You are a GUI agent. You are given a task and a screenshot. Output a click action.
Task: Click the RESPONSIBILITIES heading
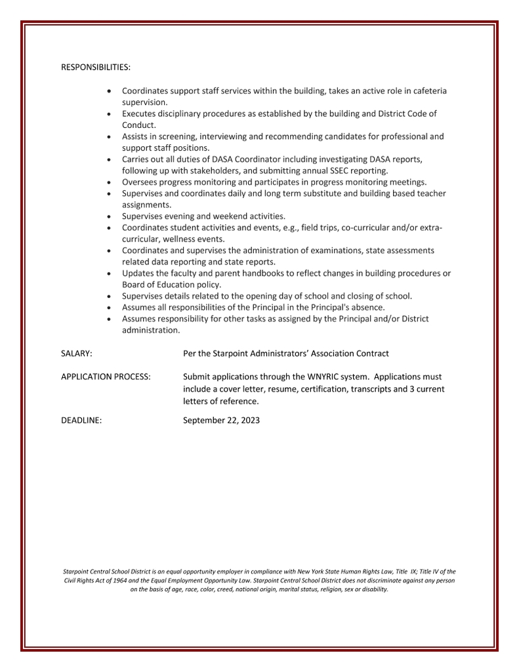tap(96, 68)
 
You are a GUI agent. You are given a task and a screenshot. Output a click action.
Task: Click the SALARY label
tap(76, 353)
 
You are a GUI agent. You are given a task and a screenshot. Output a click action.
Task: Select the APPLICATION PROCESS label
tap(106, 377)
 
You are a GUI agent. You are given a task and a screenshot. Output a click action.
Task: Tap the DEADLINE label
tap(81, 420)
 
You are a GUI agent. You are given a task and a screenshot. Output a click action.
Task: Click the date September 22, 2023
tap(221, 420)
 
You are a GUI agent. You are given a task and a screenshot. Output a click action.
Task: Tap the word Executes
tap(140, 114)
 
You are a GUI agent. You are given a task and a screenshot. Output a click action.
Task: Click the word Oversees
tap(140, 182)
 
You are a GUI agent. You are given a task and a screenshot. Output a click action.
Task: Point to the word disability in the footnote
tap(374, 589)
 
